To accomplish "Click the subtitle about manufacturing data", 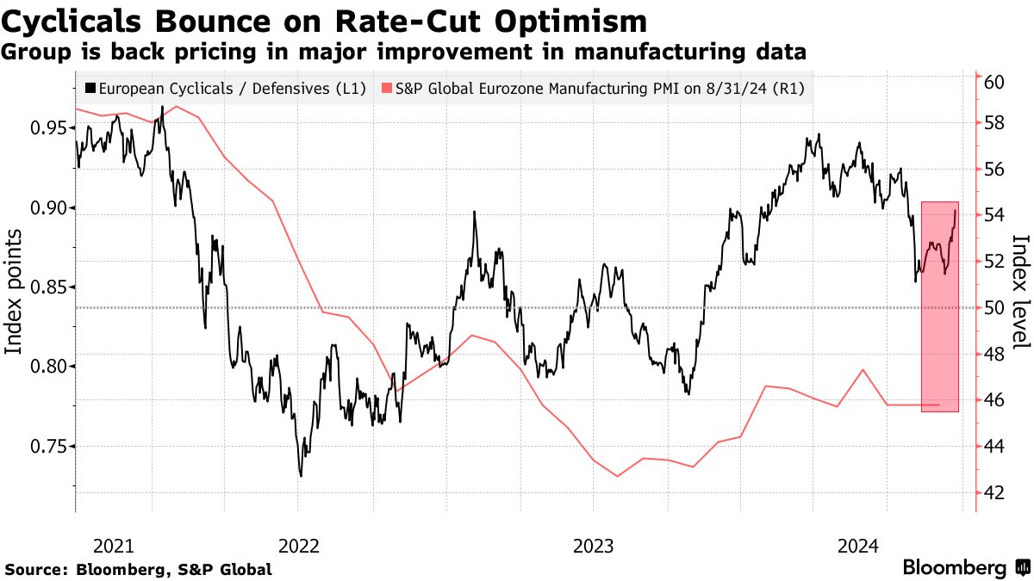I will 404,53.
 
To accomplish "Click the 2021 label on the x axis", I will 113,546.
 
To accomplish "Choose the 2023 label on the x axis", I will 593,546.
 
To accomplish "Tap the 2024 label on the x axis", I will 858,546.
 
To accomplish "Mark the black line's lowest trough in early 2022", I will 301,475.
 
